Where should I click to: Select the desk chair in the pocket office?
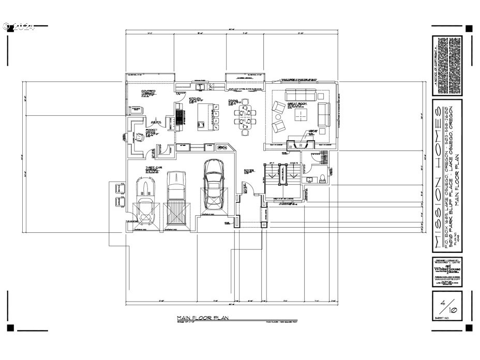[138, 135]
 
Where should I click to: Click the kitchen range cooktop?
[179, 115]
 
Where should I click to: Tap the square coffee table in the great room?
[301, 114]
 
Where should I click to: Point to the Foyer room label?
[249, 170]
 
